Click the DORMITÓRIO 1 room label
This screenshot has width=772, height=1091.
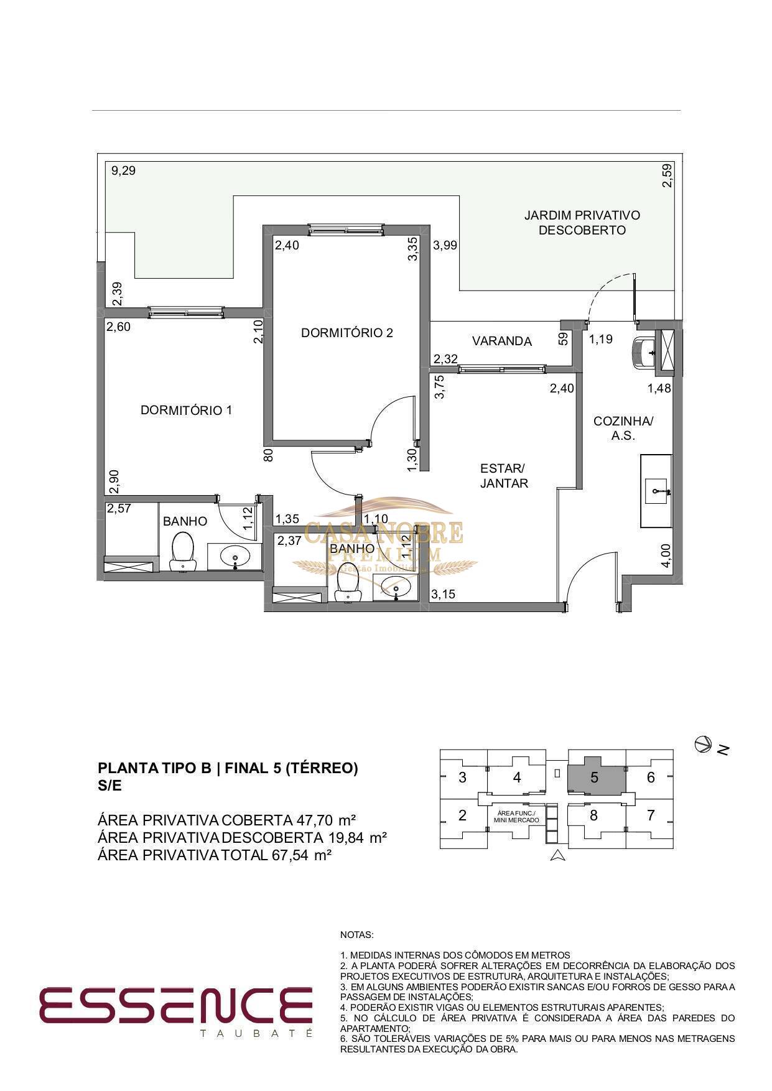pyautogui.click(x=186, y=411)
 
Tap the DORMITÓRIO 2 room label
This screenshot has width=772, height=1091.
pyautogui.click(x=347, y=333)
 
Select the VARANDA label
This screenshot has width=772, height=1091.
pyautogui.click(x=501, y=341)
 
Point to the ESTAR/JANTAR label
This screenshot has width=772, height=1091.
pyautogui.click(x=504, y=476)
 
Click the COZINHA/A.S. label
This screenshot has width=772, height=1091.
pyautogui.click(x=623, y=428)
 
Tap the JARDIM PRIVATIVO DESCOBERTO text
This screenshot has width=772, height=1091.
pyautogui.click(x=582, y=223)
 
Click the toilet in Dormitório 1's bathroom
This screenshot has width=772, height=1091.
pyautogui.click(x=182, y=551)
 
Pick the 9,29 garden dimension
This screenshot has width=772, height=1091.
pyautogui.click(x=123, y=170)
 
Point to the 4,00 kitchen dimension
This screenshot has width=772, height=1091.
pyautogui.click(x=666, y=555)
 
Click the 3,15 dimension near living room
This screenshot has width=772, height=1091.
pyautogui.click(x=443, y=594)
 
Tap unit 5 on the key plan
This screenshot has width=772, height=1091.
pyautogui.click(x=595, y=777)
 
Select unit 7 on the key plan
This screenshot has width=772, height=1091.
pyautogui.click(x=651, y=815)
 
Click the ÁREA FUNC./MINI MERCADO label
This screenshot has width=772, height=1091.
pyautogui.click(x=516, y=817)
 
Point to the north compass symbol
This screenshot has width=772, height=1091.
pyautogui.click(x=703, y=743)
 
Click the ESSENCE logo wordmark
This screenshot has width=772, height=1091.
pyautogui.click(x=175, y=1005)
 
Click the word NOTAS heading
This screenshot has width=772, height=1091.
pyautogui.click(x=357, y=935)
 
